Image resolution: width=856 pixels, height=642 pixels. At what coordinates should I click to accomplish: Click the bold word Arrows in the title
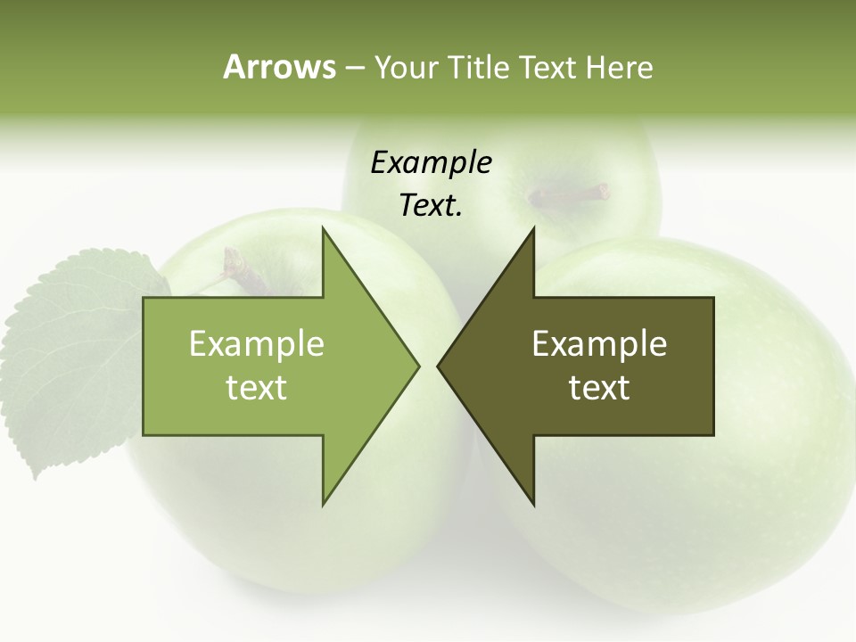[x=278, y=67]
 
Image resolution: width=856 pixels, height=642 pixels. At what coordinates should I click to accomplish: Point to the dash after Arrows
[x=354, y=68]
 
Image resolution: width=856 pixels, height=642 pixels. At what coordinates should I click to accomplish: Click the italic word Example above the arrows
[x=431, y=163]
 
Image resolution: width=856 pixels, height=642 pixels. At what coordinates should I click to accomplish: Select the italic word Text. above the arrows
[x=431, y=206]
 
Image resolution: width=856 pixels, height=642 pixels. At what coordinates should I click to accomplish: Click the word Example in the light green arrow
[x=257, y=343]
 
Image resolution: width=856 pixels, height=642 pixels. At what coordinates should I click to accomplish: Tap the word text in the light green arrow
[x=257, y=387]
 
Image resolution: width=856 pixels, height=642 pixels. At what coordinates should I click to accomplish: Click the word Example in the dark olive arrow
[x=599, y=343]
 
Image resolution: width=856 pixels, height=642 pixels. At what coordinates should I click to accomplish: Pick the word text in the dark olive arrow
[x=599, y=387]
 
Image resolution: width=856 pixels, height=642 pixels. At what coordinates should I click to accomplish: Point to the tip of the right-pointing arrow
[x=417, y=366]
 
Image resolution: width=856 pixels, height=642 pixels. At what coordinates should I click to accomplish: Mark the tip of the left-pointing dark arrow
[x=439, y=366]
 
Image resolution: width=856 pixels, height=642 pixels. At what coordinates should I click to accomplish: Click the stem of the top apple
[x=571, y=193]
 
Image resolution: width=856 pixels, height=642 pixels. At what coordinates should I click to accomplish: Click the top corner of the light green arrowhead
[x=323, y=229]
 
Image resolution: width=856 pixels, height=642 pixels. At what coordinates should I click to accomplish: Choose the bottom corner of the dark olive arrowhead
[x=534, y=504]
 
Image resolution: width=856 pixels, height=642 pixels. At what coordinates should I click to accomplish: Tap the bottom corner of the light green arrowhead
[x=323, y=504]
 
